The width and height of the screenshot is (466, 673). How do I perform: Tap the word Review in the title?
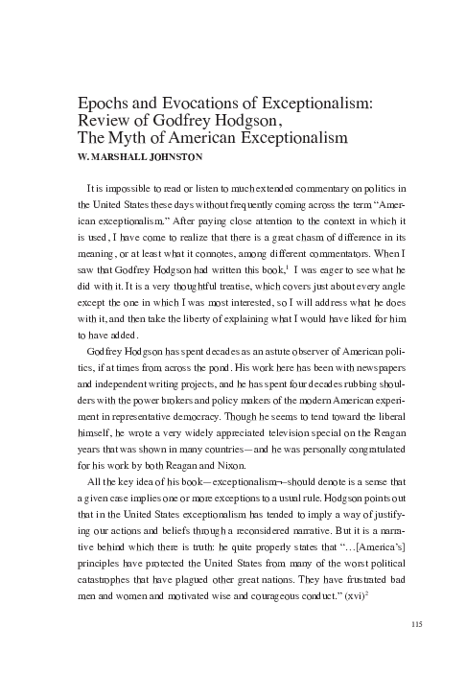(98, 124)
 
